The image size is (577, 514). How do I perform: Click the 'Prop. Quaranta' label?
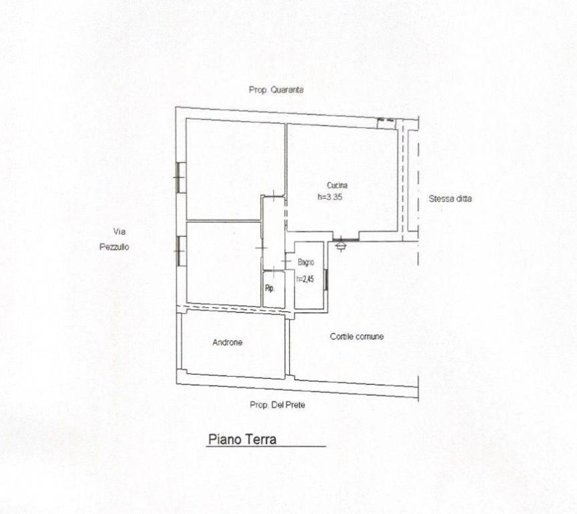pos(276,90)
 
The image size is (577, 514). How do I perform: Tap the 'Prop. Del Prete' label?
pos(278,405)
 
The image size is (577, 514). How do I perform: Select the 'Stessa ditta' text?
pos(450,199)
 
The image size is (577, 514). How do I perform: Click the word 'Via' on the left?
pos(119,232)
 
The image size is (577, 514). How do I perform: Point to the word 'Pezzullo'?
pos(114,247)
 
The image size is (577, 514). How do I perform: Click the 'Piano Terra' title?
pos(242,439)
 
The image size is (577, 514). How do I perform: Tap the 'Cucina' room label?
pos(337,185)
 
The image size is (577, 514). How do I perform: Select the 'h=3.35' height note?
pos(330,197)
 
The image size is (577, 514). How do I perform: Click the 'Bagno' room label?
pos(306,262)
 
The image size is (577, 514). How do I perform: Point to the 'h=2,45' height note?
pos(305,279)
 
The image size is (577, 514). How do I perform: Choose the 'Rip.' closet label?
pos(270,289)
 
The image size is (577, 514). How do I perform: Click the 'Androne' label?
pos(228,343)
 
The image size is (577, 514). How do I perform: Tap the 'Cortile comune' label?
pos(357,336)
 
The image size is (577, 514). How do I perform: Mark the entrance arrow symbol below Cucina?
pos(341,244)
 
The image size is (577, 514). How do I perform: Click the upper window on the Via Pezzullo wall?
pos(179,177)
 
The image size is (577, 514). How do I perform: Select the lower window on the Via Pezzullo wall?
pos(179,251)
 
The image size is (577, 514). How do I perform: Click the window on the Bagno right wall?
pos(327,279)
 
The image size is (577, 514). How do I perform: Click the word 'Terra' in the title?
pos(260,439)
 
